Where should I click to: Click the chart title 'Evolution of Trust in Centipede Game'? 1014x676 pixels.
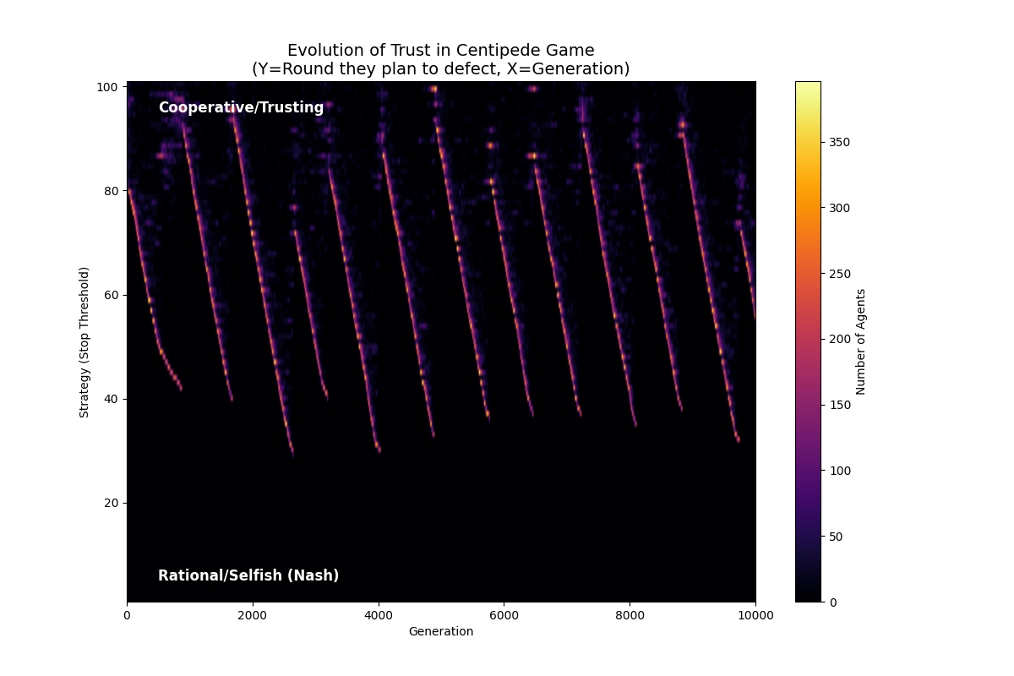pos(440,51)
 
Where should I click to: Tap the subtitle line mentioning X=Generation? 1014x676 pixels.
pos(440,69)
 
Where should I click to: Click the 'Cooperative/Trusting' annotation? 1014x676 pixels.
pos(241,108)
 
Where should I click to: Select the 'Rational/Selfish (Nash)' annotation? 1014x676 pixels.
pos(248,576)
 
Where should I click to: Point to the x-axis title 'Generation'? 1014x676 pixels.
pos(440,632)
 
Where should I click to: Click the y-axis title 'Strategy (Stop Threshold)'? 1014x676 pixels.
pos(84,341)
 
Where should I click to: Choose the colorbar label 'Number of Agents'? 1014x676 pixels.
pos(861,341)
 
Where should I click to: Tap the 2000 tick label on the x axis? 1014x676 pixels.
pos(253,616)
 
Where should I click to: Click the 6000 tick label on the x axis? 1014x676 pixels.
pos(504,616)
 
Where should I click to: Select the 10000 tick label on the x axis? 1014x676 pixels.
pos(755,616)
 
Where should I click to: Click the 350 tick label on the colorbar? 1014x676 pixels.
pos(838,142)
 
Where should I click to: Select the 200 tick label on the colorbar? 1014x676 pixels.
pos(838,339)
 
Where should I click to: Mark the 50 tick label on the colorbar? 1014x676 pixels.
pos(835,537)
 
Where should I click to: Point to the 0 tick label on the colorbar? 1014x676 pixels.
pos(832,602)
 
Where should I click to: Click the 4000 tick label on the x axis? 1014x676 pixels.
pos(378,616)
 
